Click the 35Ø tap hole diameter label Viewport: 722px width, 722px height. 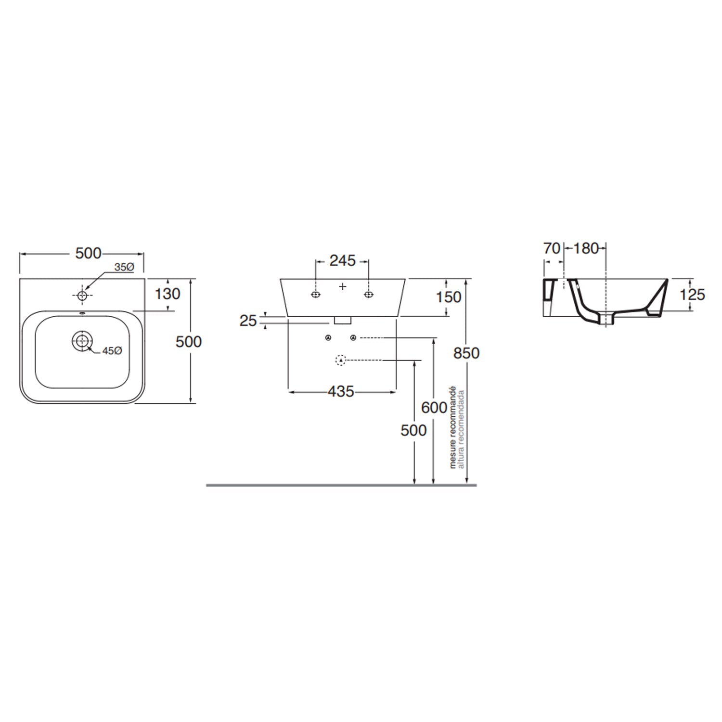point(124,267)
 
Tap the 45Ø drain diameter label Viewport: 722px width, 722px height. point(112,351)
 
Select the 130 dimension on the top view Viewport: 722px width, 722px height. point(168,294)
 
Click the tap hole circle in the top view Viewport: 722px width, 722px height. point(82,295)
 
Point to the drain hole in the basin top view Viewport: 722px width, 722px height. point(83,341)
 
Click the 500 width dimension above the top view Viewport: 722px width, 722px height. point(89,253)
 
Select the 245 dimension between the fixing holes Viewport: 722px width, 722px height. point(342,260)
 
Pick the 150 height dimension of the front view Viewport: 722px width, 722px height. point(448,297)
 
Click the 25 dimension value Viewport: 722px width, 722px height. point(248,321)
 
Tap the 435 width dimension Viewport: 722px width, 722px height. point(341,392)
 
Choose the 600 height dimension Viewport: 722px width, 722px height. point(434,407)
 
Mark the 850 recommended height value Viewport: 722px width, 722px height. point(466,353)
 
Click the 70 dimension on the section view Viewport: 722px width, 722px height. point(552,248)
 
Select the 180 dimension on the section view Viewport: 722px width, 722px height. point(586,248)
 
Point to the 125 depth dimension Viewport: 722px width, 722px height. point(692,294)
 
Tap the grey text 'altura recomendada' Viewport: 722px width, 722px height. point(461,429)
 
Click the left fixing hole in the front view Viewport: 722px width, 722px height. point(315,295)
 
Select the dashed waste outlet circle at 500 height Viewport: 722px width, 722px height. point(341,360)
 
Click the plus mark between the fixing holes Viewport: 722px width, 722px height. point(343,286)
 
